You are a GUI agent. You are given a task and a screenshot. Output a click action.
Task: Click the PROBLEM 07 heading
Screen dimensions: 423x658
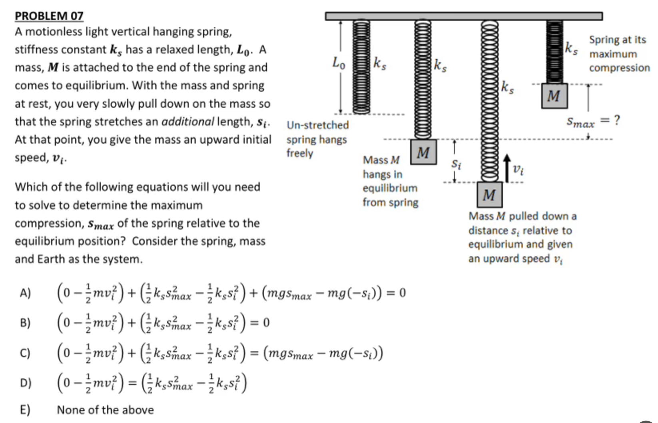(49, 16)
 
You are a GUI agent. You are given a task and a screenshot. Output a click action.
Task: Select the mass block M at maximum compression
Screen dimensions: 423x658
(554, 96)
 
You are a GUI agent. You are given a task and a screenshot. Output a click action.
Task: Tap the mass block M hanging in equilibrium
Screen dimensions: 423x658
(423, 153)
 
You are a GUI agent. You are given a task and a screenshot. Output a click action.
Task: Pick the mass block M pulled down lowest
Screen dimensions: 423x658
(489, 195)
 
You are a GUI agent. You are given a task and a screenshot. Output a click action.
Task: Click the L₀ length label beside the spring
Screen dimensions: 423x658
(339, 63)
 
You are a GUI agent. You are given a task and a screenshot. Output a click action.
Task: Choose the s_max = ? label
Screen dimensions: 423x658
(593, 121)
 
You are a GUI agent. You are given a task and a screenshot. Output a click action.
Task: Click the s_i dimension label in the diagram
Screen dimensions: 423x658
(456, 164)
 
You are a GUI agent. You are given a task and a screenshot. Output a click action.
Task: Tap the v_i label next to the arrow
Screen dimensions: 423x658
(518, 170)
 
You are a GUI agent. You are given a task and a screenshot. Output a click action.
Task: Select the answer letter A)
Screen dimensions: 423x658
(25, 293)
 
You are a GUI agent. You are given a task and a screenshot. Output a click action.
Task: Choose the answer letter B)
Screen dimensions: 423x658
(25, 322)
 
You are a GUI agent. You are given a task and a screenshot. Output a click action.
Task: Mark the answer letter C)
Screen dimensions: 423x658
(25, 353)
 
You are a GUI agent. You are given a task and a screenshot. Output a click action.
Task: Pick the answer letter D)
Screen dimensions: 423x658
(25, 383)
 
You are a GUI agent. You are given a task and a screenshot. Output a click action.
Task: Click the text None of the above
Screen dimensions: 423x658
(105, 410)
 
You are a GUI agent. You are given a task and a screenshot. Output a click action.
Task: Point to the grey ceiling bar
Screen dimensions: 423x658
(464, 16)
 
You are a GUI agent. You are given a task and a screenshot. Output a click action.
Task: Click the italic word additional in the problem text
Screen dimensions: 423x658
(187, 121)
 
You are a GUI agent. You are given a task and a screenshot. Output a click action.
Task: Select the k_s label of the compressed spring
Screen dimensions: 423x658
(571, 49)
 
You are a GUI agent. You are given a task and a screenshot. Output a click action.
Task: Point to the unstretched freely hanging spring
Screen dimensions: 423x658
(361, 67)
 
